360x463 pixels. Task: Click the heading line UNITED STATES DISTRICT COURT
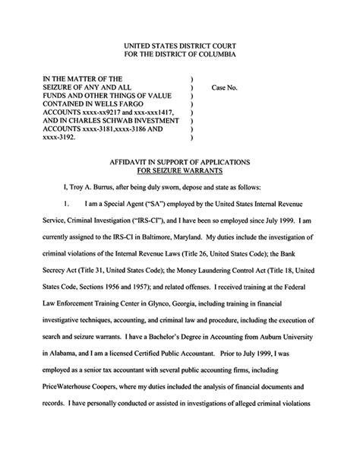click(x=180, y=46)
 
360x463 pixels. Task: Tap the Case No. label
click(x=225, y=87)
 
